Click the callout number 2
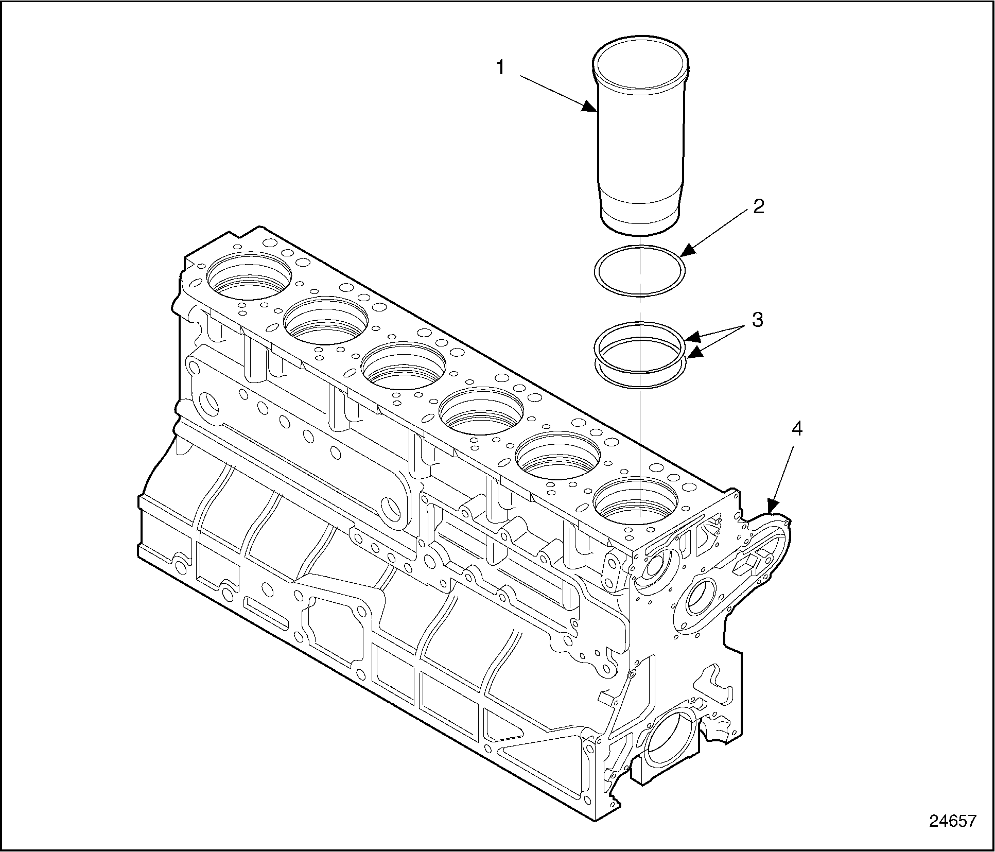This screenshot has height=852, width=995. tap(758, 206)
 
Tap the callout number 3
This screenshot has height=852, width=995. tap(757, 320)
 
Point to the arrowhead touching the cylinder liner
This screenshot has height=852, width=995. tap(590, 108)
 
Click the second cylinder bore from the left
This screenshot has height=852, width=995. tap(326, 320)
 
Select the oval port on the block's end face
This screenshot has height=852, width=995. tap(701, 596)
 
